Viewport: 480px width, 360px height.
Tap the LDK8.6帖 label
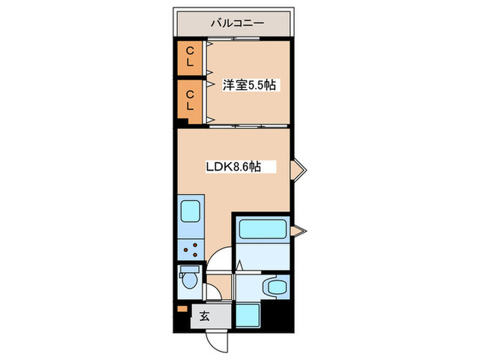pyautogui.click(x=233, y=166)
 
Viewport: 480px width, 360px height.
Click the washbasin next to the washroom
pyautogui.click(x=277, y=287)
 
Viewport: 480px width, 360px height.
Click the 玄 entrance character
pyautogui.click(x=204, y=316)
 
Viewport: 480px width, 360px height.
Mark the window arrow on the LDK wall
pyautogui.click(x=298, y=169)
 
